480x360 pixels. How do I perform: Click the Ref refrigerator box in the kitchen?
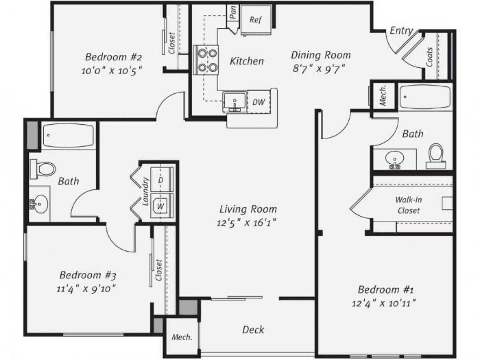[256, 20]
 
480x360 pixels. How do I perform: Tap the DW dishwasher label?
[259, 102]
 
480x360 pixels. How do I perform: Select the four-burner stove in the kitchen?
[207, 60]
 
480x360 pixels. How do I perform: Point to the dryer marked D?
[161, 180]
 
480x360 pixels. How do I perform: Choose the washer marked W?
[161, 206]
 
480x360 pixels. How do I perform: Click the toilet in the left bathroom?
[44, 168]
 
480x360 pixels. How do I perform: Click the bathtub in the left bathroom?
[68, 136]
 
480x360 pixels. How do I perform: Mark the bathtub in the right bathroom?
[425, 98]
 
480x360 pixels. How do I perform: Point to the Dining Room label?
[320, 55]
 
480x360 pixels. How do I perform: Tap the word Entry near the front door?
[401, 31]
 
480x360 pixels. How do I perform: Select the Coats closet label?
[430, 57]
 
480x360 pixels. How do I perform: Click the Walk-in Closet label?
[408, 205]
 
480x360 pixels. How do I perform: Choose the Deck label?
[253, 330]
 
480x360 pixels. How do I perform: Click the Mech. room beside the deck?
[182, 337]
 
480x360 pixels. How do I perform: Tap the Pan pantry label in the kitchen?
[233, 12]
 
